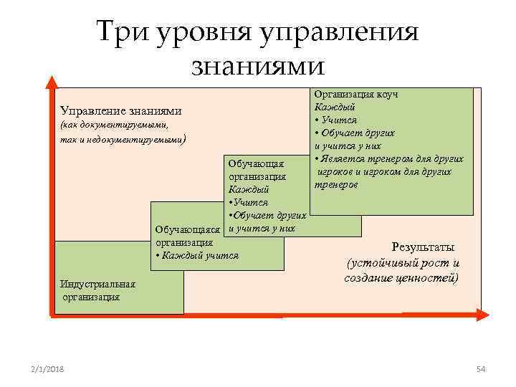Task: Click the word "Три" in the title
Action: click(x=120, y=32)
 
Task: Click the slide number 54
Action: click(x=481, y=368)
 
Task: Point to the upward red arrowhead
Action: click(x=50, y=81)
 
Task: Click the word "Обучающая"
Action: click(x=257, y=164)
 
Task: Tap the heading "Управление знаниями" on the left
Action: click(x=120, y=111)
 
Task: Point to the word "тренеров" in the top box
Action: click(x=336, y=184)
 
